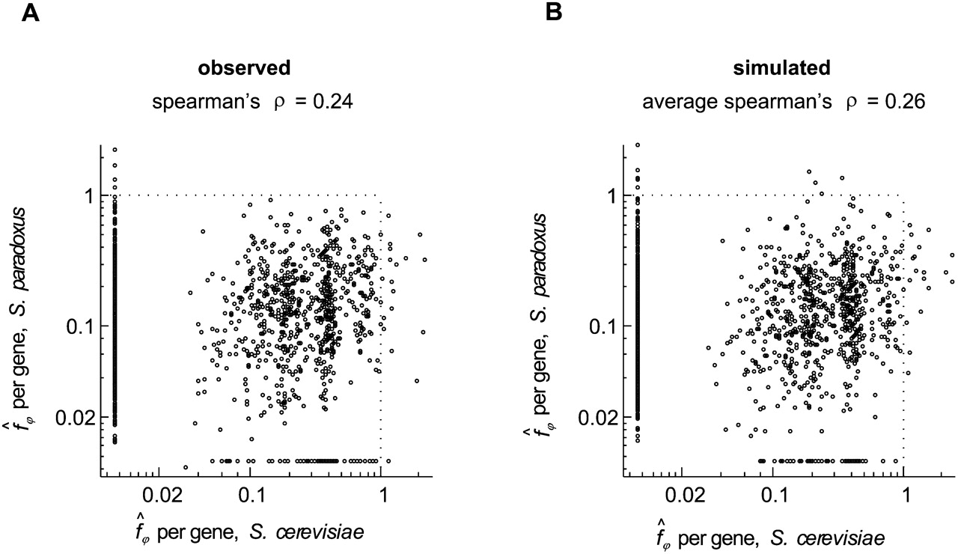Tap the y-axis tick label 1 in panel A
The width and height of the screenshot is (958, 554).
point(88,196)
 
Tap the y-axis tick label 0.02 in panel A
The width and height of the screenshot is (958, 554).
point(72,418)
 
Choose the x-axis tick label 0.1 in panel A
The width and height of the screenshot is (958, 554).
point(251,497)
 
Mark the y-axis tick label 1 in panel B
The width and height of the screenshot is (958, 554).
point(610,196)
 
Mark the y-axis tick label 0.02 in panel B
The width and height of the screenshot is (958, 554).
point(595,418)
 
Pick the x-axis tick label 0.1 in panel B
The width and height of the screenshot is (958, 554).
point(774,497)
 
